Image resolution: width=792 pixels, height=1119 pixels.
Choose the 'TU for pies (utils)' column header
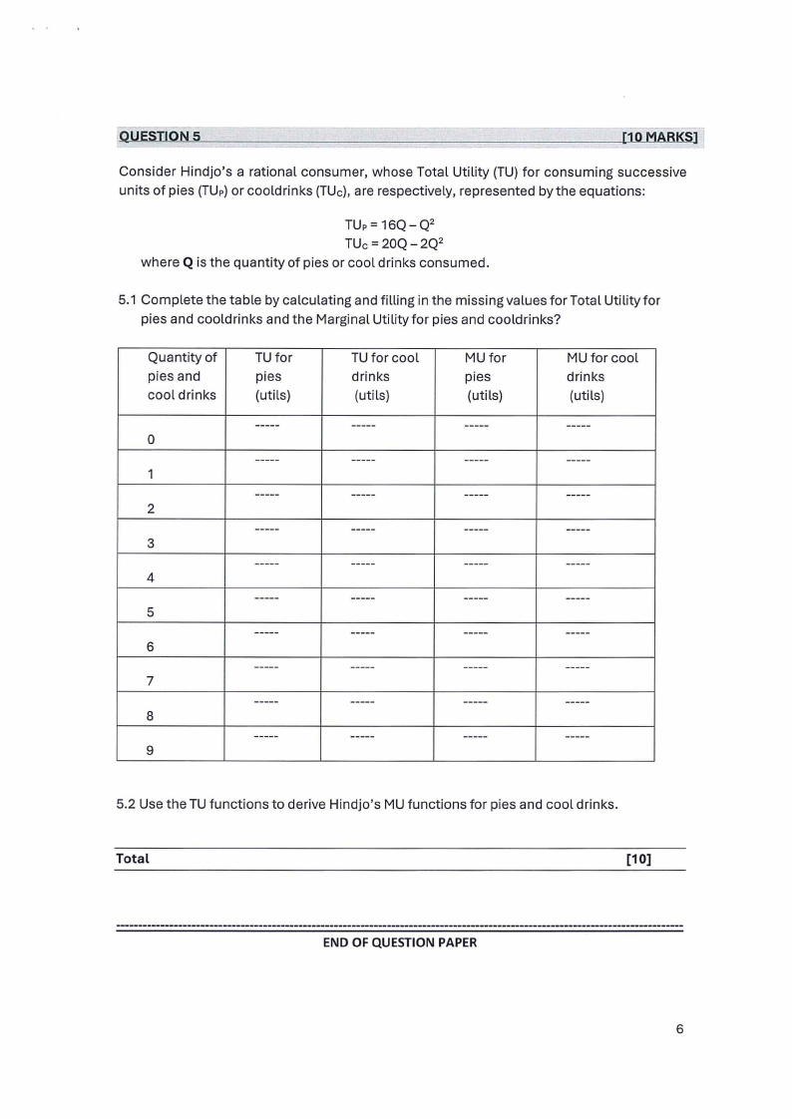coord(272,376)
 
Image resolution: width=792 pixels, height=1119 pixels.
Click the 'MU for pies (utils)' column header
coord(485,376)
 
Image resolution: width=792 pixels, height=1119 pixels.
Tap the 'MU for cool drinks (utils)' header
coord(594,376)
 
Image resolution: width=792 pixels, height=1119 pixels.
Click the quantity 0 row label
coord(151,440)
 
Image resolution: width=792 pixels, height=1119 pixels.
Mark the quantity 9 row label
coord(151,751)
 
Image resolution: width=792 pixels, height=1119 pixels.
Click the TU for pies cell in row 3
coord(272,537)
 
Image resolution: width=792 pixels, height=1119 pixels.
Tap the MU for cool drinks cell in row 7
coord(594,674)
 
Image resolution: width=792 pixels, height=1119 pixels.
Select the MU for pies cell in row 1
coord(485,468)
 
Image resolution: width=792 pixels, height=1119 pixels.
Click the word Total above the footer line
coord(133,859)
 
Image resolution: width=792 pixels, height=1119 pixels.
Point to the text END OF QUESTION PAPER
coord(400,942)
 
